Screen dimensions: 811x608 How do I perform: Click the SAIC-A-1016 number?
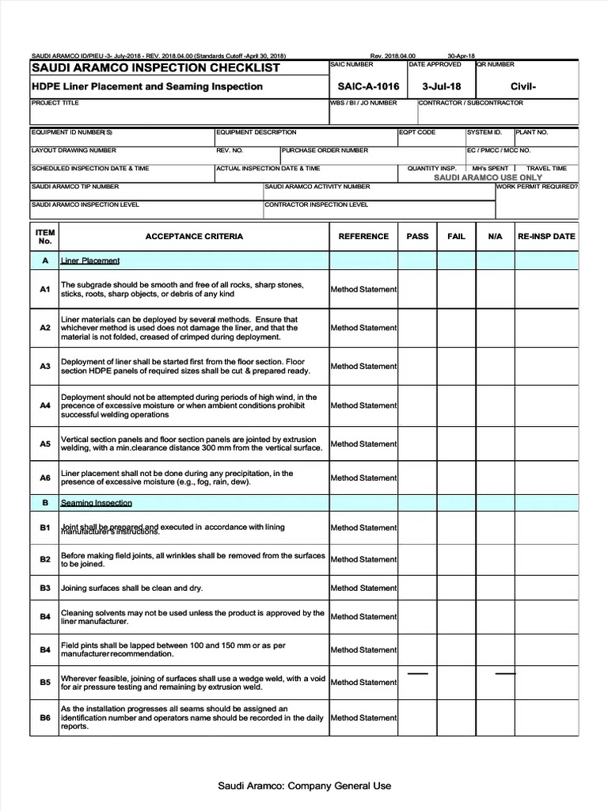point(368,86)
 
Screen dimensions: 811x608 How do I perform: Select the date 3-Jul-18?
point(442,86)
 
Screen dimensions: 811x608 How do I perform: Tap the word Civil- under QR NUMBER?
point(523,86)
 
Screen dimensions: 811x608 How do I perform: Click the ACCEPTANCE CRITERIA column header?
point(194,236)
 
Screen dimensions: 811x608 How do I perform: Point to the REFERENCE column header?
point(363,236)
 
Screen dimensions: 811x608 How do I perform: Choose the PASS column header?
point(417,236)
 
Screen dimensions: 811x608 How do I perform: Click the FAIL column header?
point(457,236)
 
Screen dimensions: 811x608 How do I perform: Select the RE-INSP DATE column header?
point(546,236)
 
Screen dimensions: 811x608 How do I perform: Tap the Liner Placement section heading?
point(90,261)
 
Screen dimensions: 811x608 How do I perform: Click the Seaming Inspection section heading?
point(97,503)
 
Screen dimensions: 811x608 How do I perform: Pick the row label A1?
point(45,289)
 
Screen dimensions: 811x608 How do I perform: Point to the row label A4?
point(45,405)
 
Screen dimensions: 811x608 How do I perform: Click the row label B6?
point(45,718)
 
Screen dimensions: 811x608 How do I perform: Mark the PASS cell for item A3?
point(417,366)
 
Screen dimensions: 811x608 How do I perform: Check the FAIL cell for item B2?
point(457,559)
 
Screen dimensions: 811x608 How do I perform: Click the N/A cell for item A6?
point(496,478)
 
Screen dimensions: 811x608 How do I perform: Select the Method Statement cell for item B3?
point(363,588)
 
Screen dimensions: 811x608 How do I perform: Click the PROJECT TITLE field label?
point(50,103)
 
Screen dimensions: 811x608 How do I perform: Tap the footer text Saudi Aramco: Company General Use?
point(305,786)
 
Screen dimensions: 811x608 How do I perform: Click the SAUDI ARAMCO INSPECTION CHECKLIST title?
point(155,68)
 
